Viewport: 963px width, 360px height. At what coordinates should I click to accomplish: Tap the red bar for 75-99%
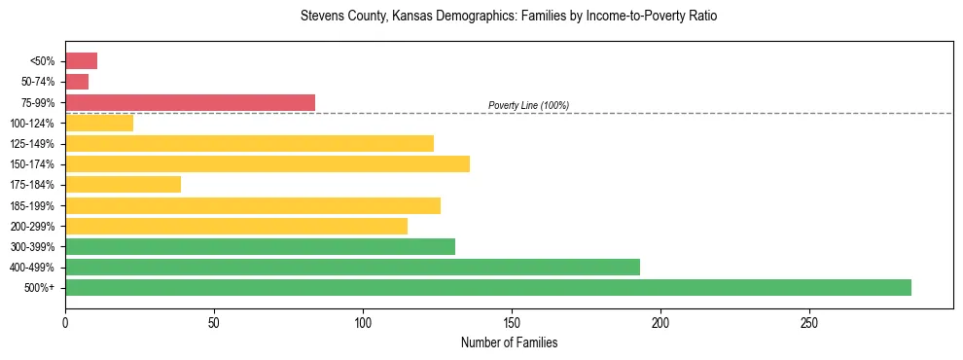point(190,102)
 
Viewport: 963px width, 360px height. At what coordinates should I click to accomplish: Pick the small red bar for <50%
point(81,61)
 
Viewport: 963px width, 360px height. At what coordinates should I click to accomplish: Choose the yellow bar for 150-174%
point(267,163)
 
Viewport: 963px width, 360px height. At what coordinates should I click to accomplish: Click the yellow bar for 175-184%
point(123,184)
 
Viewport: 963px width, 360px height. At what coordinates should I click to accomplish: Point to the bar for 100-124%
point(99,123)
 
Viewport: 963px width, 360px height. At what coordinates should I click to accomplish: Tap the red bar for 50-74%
point(77,82)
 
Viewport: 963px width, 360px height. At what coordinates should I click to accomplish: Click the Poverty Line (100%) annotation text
point(528,105)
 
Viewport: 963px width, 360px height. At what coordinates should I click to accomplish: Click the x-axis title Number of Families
point(509,342)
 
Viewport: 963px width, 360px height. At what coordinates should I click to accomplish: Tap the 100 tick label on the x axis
point(363,321)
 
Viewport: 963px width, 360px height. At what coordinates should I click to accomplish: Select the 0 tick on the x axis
point(65,321)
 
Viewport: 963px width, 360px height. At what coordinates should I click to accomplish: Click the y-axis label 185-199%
point(32,205)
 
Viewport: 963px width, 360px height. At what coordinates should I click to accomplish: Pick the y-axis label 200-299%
point(32,226)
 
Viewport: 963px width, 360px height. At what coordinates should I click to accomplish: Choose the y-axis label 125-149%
point(32,143)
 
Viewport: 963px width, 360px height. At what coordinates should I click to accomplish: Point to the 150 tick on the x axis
point(512,321)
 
